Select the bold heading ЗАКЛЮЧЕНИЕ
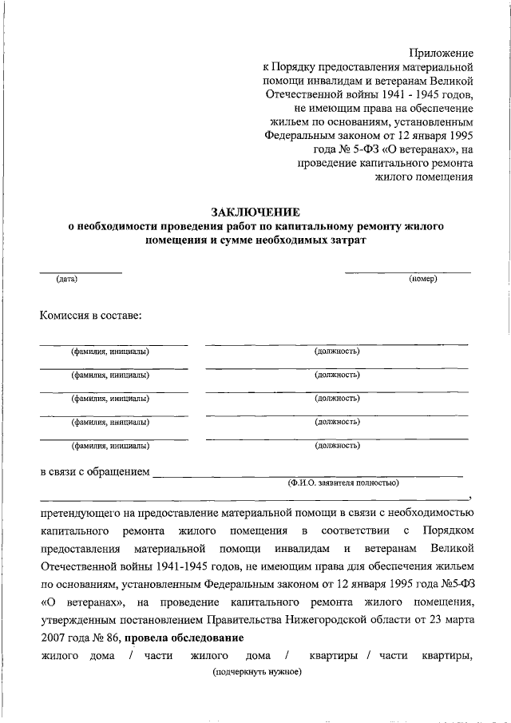pyautogui.click(x=255, y=213)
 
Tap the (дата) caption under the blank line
pyautogui.click(x=66, y=279)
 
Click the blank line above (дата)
pyautogui.click(x=81, y=272)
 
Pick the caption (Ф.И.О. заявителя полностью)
pyautogui.click(x=344, y=483)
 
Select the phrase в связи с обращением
pyautogui.click(x=95, y=472)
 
